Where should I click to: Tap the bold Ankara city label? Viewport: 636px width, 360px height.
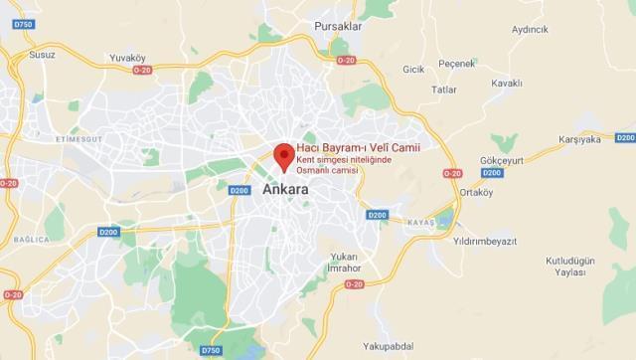(285, 189)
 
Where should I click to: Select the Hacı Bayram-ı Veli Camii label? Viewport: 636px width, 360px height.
(345, 148)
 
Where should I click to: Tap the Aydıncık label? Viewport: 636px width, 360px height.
(530, 29)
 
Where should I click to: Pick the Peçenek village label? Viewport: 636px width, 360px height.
(457, 64)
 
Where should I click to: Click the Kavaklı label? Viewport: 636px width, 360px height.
(506, 84)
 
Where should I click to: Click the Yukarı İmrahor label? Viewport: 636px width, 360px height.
(344, 262)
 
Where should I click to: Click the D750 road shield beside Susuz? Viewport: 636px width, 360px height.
(24, 23)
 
